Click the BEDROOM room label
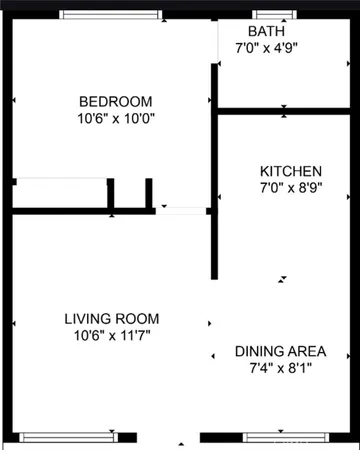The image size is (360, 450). pos(116,101)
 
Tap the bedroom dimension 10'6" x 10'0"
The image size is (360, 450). pos(116,118)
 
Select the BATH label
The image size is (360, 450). pos(266,31)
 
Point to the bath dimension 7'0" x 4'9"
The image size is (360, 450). pos(266,47)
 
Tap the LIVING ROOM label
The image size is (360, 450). pos(112,319)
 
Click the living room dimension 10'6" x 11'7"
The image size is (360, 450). pos(112,335)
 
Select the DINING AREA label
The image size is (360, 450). pos(281,351)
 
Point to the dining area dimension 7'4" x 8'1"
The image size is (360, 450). pos(281,367)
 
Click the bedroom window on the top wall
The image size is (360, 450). pos(110,15)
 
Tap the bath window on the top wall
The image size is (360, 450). pos(271,15)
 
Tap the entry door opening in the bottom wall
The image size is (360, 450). pos(182,438)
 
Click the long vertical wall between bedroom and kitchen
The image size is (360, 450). pos(214,170)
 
